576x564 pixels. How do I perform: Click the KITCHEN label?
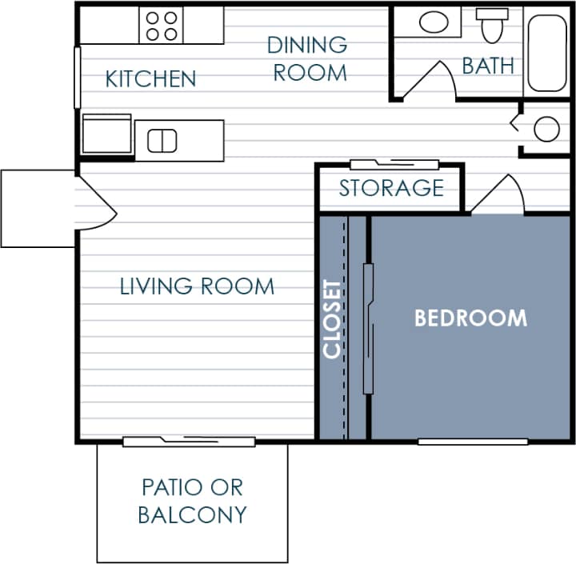[150, 78]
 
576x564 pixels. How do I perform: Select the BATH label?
[488, 66]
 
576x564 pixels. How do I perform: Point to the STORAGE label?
[390, 188]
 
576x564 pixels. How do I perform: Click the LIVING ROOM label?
[197, 286]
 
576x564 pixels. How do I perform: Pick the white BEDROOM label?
[470, 318]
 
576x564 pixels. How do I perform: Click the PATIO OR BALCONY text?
[191, 501]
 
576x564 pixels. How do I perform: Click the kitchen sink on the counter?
[162, 140]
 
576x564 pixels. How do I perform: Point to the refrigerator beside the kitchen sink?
[106, 133]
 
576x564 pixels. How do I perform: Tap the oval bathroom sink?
[434, 22]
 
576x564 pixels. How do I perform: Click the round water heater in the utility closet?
[546, 129]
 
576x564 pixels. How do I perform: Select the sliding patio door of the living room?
[189, 440]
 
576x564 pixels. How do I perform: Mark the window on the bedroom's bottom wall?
[473, 441]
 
